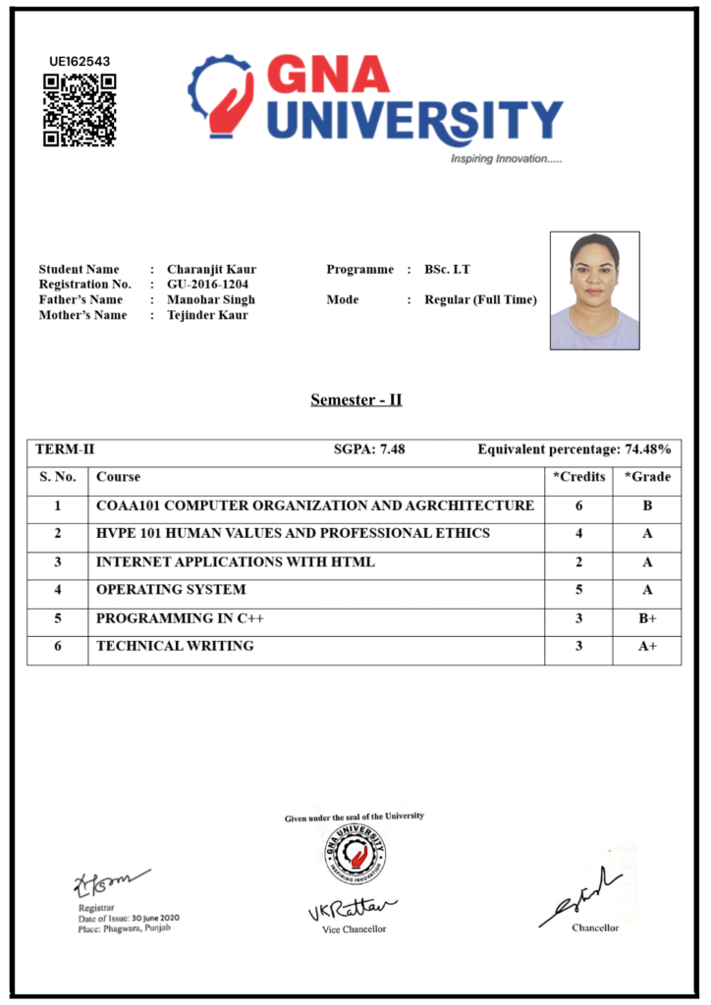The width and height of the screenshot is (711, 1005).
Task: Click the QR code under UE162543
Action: [x=80, y=110]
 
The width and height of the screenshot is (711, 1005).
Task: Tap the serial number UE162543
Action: [x=80, y=61]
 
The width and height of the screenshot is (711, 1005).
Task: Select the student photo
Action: [x=594, y=291]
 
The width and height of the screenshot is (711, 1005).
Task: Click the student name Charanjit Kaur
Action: [x=211, y=269]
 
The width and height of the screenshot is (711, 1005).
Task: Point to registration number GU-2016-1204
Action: [x=207, y=285]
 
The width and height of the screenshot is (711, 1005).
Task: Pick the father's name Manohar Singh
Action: [x=210, y=299]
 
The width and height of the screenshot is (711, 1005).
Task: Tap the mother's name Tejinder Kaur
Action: [x=207, y=315]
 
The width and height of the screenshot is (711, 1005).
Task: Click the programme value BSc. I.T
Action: [x=448, y=269]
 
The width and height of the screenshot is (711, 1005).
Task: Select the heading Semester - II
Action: [x=355, y=399]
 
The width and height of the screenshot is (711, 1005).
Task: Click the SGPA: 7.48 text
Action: [x=369, y=450]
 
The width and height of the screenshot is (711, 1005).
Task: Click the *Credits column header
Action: [x=578, y=477]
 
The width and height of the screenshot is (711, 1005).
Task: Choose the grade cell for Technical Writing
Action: [x=647, y=647]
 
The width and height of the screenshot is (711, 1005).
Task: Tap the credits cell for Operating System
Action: [x=578, y=590]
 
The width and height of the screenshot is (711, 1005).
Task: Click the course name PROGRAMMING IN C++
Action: [x=180, y=619]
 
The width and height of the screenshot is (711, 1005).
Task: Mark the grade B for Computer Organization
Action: [x=647, y=506]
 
